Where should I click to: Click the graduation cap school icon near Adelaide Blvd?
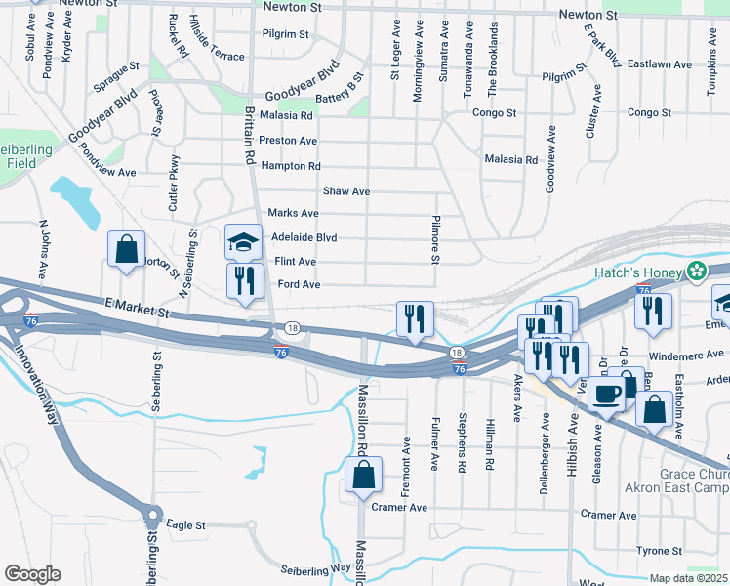point(243,241)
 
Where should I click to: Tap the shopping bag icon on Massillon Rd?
point(362,476)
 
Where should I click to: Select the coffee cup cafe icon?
point(606,393)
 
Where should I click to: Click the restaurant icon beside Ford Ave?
point(243,280)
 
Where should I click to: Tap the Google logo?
point(32,574)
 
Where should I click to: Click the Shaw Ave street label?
point(346,191)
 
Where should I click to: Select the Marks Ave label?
point(294,213)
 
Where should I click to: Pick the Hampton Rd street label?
point(291,166)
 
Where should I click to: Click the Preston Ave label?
point(289,141)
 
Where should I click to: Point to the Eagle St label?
point(185,524)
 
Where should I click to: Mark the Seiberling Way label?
point(315,568)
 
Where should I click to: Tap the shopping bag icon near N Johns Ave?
point(127,249)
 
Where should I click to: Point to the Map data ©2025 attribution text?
point(688,578)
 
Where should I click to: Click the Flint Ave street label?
point(295,262)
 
